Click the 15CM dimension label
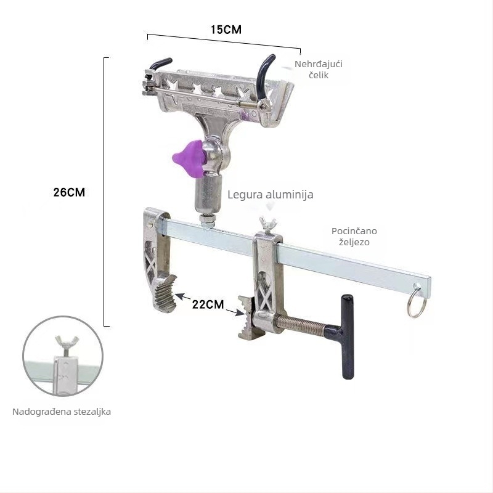pos(226,30)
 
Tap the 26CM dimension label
pos(69,192)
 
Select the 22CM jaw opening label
pos(208,304)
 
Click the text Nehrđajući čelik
pos(319,70)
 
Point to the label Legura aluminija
pos(271,194)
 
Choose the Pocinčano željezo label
pos(354,237)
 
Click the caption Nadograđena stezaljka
pos(62,412)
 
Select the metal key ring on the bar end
pos(417,301)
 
